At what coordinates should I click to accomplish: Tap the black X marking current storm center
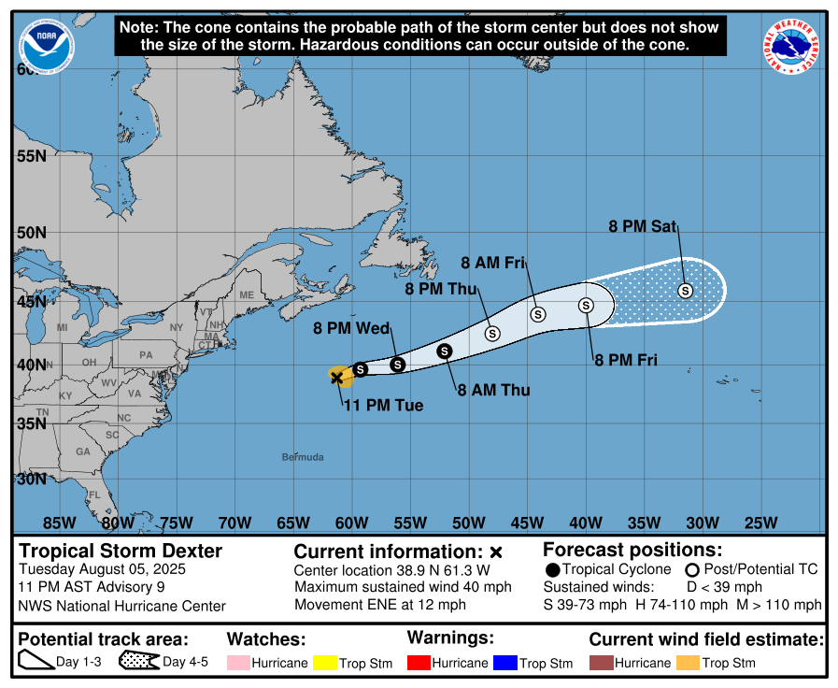pyautogui.click(x=336, y=377)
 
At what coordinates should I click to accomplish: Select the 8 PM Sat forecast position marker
pyautogui.click(x=685, y=291)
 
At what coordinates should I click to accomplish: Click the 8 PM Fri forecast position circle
pyautogui.click(x=586, y=305)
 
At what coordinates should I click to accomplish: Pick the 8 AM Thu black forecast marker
pyautogui.click(x=445, y=351)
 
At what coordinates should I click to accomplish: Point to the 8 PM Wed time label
pyautogui.click(x=351, y=328)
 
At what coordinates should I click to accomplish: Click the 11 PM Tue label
pyautogui.click(x=383, y=406)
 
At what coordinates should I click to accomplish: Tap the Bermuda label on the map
pyautogui.click(x=303, y=457)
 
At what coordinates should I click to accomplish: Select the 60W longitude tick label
pyautogui.click(x=351, y=523)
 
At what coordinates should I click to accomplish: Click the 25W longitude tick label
pyautogui.click(x=761, y=523)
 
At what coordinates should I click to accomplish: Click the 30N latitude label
pyautogui.click(x=30, y=480)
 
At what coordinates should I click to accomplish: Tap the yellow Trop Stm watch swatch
pyautogui.click(x=325, y=663)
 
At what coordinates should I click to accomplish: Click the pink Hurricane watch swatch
pyautogui.click(x=238, y=663)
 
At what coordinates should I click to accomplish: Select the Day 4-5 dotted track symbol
pyautogui.click(x=138, y=662)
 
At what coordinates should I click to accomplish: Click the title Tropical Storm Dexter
pyautogui.click(x=121, y=551)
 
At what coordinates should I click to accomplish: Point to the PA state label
pyautogui.click(x=145, y=355)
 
